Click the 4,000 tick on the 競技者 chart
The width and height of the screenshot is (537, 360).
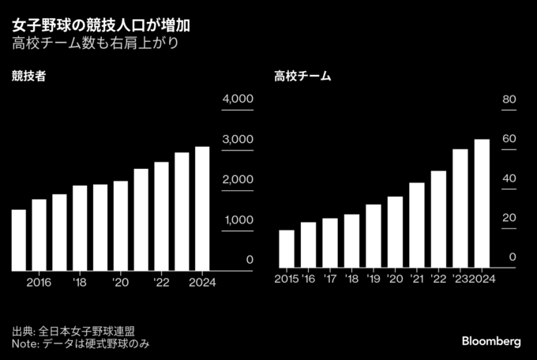pyautogui.click(x=237, y=99)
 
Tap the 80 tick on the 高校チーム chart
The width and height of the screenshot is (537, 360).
pyautogui.click(x=509, y=99)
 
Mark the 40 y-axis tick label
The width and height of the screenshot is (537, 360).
pyautogui.click(x=509, y=179)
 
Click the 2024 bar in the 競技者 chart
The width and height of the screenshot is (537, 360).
pyautogui.click(x=202, y=208)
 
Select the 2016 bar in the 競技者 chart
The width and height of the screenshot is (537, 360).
pyautogui.click(x=39, y=234)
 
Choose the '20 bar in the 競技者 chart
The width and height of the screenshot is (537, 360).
pyautogui.click(x=120, y=225)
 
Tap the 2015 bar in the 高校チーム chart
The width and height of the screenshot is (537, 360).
pyautogui.click(x=286, y=249)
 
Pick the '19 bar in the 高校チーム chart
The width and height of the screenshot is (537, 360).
pyautogui.click(x=374, y=236)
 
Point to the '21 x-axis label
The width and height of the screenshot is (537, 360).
pyautogui.click(x=416, y=279)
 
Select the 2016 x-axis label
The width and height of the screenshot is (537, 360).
pyautogui.click(x=39, y=282)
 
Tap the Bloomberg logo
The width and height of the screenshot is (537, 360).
pyautogui.click(x=491, y=341)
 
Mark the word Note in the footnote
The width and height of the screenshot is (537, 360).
pyautogui.click(x=24, y=345)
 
